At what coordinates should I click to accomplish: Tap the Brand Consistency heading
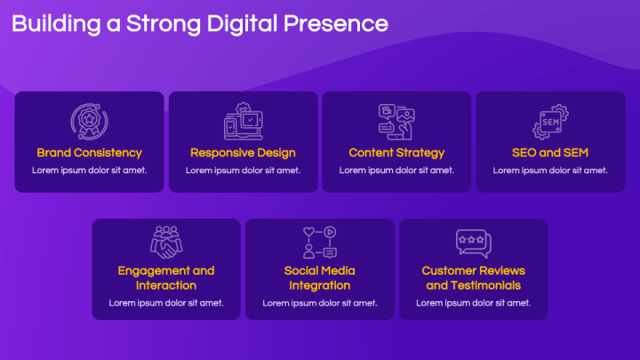point(89,153)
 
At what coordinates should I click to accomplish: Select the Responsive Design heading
point(243,153)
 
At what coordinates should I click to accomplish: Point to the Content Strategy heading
point(396,153)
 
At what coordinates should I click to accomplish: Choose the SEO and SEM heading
point(550,153)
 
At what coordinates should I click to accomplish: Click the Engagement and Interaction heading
point(166,277)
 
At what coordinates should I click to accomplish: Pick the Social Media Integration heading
point(320,277)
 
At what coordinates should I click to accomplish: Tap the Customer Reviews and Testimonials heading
point(473,277)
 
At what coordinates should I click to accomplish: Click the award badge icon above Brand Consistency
point(89,122)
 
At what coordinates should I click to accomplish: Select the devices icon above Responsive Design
point(243,122)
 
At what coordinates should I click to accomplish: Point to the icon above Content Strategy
point(396,122)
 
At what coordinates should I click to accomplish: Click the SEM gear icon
point(550,122)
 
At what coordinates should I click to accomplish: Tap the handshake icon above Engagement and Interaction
point(166,242)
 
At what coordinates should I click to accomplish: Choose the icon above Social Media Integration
point(320,242)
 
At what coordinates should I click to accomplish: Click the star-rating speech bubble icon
point(473,242)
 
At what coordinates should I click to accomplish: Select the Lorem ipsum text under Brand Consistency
point(89,170)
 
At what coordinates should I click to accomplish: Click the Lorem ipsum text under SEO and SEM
point(550,170)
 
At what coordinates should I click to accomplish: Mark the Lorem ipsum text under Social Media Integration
point(320,302)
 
